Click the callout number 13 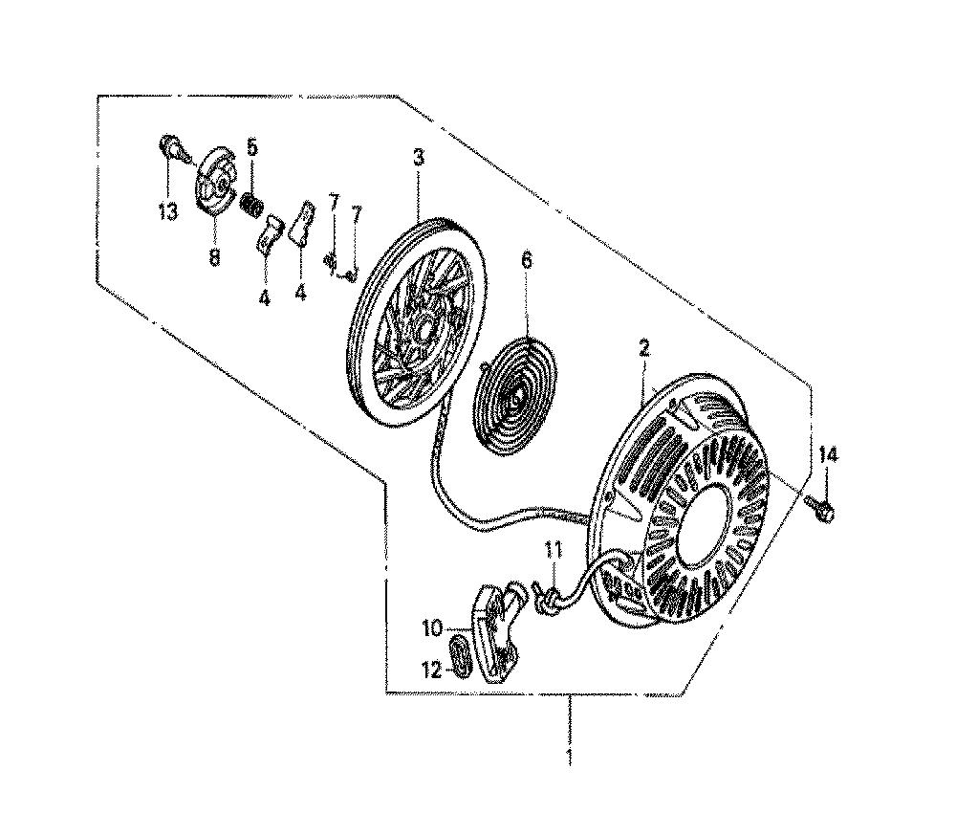(167, 211)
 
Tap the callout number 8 (213, 257)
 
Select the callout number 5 (251, 147)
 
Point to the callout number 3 (418, 158)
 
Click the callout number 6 (526, 260)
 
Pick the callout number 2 (644, 349)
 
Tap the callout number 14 (829, 455)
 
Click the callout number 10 (432, 628)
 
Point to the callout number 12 (432, 670)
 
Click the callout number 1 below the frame (570, 757)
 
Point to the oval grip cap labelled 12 (462, 654)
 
